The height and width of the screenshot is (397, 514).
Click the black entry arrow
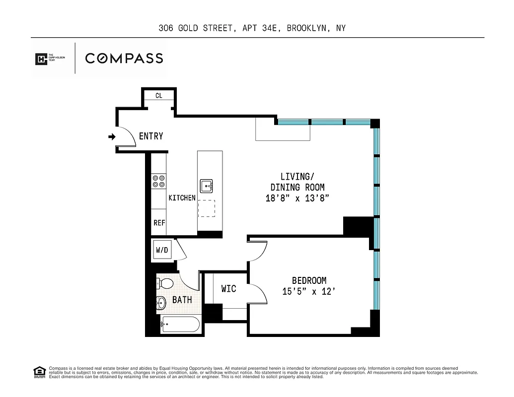click(x=112, y=136)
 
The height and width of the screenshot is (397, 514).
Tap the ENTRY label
click(x=151, y=136)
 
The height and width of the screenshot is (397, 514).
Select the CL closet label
click(x=159, y=95)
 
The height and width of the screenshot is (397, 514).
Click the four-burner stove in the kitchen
click(x=159, y=181)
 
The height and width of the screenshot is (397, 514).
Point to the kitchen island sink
click(x=207, y=186)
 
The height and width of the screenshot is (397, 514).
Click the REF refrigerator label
click(x=159, y=223)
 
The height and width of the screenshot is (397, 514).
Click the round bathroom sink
click(x=161, y=302)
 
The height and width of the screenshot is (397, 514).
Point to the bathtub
click(x=180, y=326)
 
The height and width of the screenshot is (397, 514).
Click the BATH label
click(x=182, y=300)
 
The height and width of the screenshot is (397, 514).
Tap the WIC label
click(x=228, y=288)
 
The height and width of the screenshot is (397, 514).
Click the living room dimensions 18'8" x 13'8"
click(x=297, y=198)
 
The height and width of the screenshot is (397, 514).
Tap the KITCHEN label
click(x=182, y=198)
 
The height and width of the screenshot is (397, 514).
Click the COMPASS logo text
click(x=124, y=58)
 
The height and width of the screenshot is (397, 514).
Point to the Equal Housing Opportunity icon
click(x=39, y=372)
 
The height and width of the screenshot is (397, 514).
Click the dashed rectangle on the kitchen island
click(x=207, y=208)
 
